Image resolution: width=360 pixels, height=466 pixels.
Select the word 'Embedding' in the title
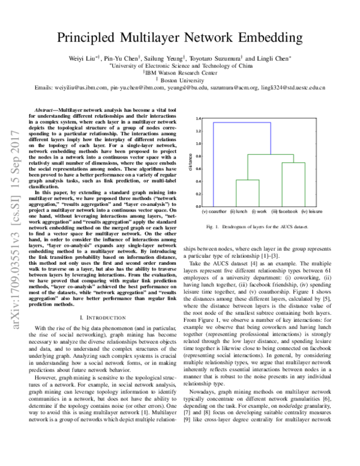pos(269,37)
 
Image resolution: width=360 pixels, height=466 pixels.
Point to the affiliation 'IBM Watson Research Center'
pos(180,73)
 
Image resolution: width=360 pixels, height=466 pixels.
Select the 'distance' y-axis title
pos(190,162)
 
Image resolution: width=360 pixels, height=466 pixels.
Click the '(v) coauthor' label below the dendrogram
pos(214,211)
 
